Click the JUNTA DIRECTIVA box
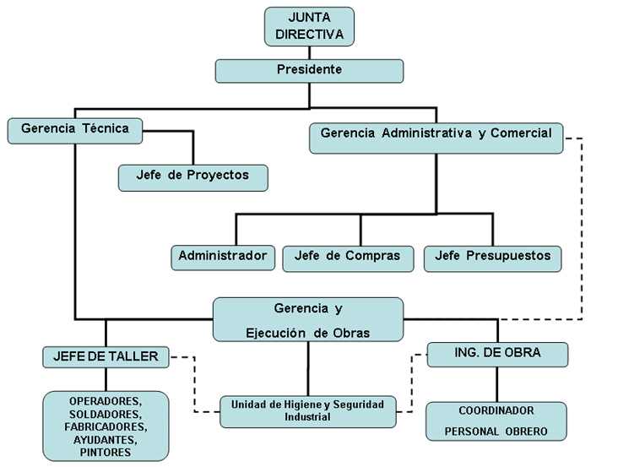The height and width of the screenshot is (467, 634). coord(309,26)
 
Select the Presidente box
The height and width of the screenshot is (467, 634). coord(309,70)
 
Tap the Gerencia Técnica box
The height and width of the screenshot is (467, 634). coord(74,130)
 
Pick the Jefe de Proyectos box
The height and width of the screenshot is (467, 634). coord(193,176)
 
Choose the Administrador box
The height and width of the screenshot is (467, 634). coord(223,256)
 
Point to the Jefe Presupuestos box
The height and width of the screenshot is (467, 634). coord(492,256)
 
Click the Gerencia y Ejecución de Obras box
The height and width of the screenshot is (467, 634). coord(307,319)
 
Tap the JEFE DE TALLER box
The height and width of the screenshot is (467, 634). coord(106,356)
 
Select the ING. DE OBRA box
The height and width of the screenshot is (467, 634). coord(496,354)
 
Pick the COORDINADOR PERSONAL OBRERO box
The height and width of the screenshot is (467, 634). coord(496,421)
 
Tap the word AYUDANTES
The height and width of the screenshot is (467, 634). coord(106,440)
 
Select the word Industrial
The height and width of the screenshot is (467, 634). coord(307,417)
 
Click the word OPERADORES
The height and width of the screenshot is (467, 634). coord(106,403)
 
